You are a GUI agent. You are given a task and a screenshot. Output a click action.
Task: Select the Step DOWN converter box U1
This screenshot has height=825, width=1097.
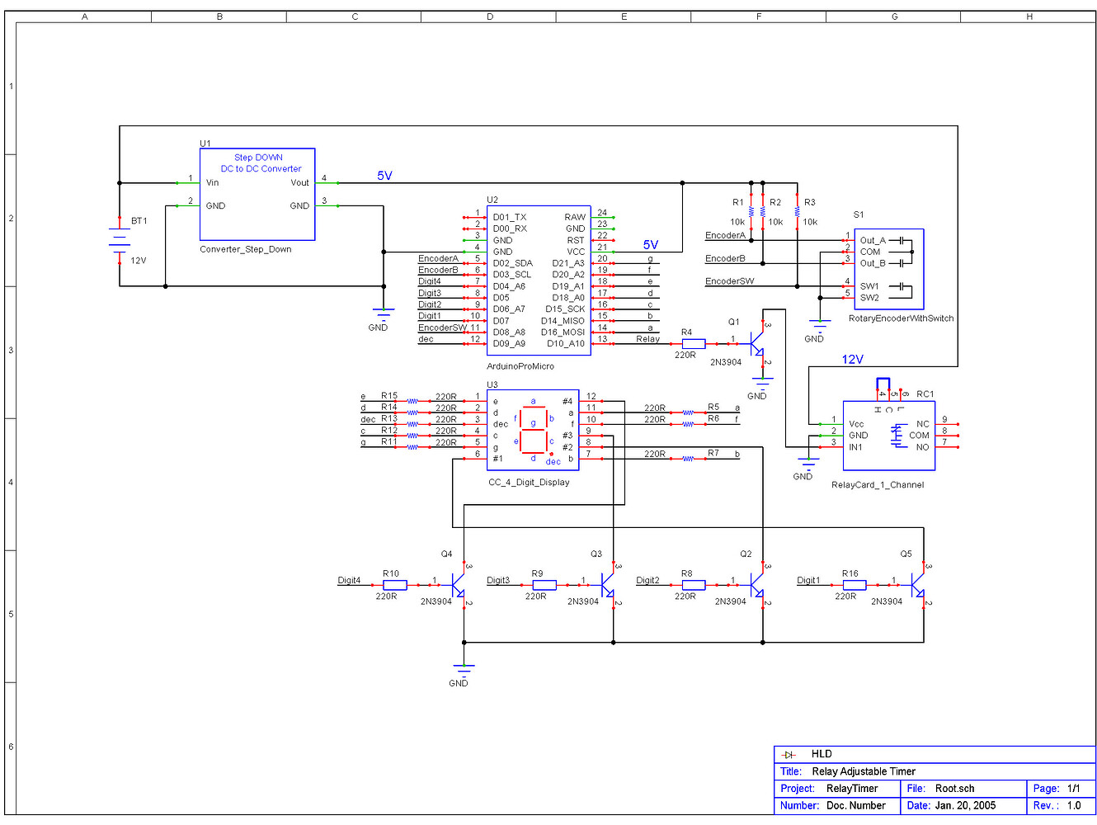[x=257, y=194]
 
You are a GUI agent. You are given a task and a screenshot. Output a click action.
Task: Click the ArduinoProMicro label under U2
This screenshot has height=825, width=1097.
[x=520, y=366]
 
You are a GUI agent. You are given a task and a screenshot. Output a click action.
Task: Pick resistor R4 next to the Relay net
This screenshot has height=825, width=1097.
[x=693, y=343]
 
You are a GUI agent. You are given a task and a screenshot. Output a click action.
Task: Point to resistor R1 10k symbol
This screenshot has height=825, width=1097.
[x=751, y=212]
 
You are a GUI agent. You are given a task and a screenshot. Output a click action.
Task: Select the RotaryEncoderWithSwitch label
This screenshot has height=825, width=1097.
[x=901, y=318]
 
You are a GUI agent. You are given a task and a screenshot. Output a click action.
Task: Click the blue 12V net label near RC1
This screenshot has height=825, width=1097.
[x=852, y=360]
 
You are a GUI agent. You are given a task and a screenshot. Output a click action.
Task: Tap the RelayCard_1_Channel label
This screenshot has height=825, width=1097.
[x=878, y=485]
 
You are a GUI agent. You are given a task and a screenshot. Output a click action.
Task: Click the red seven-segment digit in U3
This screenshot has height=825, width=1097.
[x=534, y=429]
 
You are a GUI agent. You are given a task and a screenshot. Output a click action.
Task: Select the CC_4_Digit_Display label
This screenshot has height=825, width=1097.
[x=529, y=483]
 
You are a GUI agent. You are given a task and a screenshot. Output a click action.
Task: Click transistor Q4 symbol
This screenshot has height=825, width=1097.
[x=458, y=585]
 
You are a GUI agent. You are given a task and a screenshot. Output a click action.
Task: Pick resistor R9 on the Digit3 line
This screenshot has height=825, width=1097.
[x=544, y=585]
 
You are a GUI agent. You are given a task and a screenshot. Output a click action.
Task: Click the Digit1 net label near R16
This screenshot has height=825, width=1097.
[x=808, y=581]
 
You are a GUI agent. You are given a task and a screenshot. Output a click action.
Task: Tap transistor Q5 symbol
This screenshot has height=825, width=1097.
[x=917, y=585]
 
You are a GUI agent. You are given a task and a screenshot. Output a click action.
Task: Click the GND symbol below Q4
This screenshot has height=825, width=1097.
[x=464, y=670]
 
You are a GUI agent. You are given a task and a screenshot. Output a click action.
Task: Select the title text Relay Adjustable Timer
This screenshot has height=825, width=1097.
[x=864, y=771]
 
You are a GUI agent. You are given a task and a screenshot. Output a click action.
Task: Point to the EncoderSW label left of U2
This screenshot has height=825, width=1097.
[x=442, y=328]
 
